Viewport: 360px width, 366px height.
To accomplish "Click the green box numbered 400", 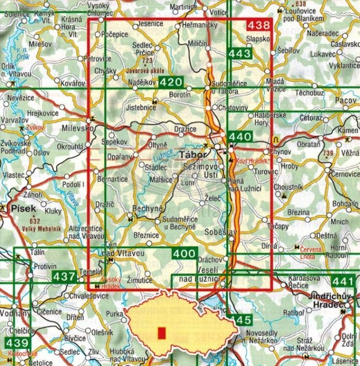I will (x=184, y=253).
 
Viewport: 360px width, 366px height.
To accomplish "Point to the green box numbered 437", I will (x=64, y=277).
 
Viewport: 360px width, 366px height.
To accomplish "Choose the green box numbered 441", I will (x=343, y=281).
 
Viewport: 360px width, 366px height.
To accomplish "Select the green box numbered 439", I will (x=17, y=343).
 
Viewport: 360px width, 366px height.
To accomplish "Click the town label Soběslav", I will (x=221, y=233).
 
